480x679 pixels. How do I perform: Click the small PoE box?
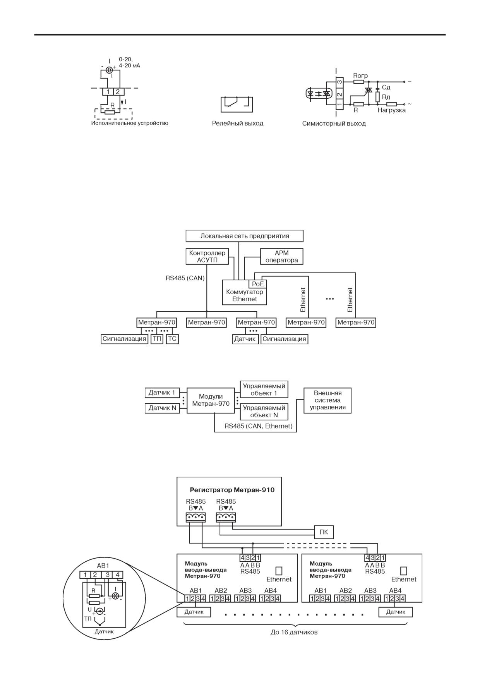(x=257, y=284)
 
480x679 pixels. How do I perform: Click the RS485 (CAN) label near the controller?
(x=185, y=278)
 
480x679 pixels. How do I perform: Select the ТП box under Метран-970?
(x=157, y=339)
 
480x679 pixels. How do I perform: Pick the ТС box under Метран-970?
(x=172, y=339)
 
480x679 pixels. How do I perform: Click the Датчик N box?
(x=163, y=408)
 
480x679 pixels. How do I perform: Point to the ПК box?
(x=324, y=532)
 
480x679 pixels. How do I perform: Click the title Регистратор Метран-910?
(x=232, y=490)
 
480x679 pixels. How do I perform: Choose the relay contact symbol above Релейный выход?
(x=236, y=105)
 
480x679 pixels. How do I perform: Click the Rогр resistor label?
(x=360, y=75)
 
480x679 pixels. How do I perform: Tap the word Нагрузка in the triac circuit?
(x=392, y=110)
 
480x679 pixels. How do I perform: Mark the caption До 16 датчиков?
(x=294, y=632)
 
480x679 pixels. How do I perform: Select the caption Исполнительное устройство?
(x=130, y=123)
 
